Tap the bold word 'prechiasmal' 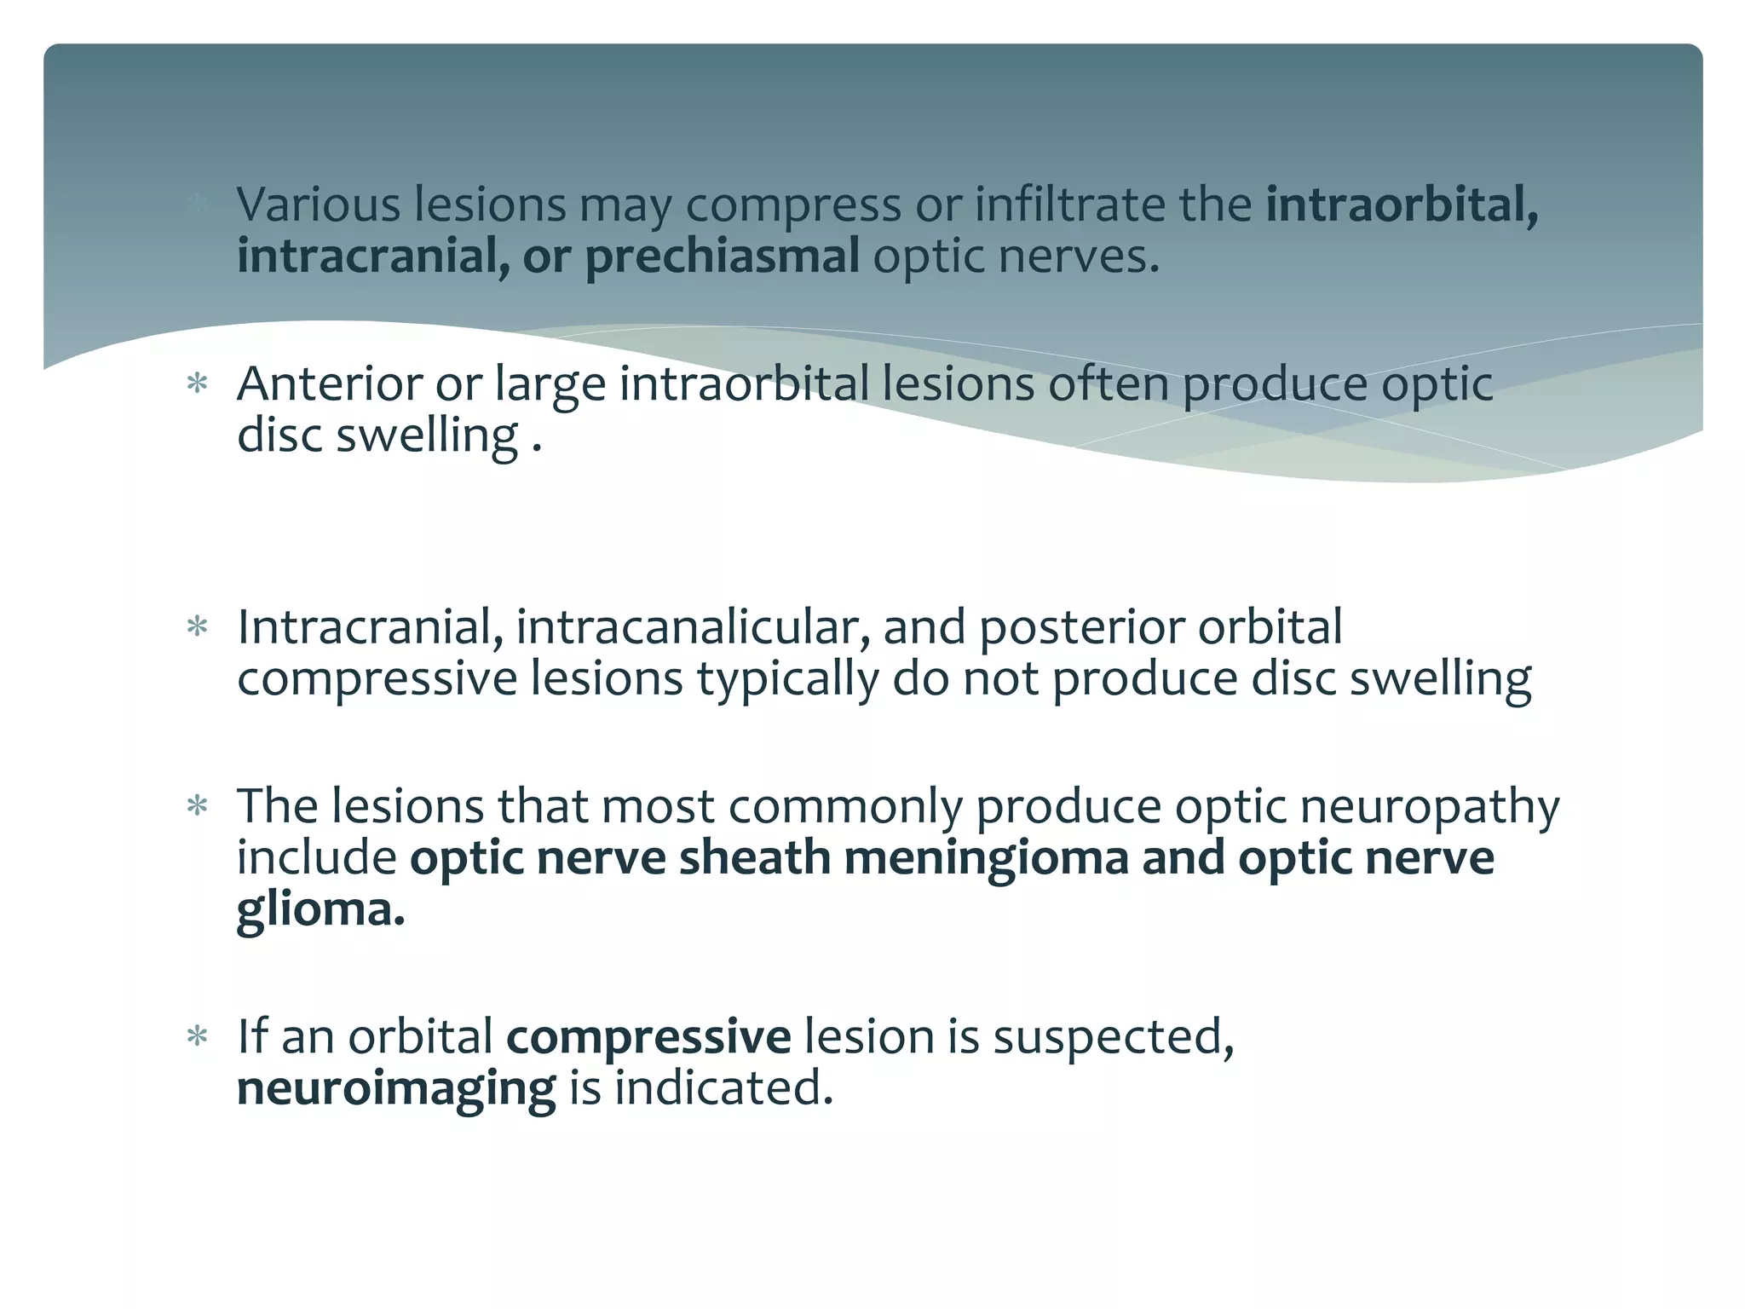(x=722, y=256)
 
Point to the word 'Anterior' (x=329, y=383)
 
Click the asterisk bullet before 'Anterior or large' (x=198, y=383)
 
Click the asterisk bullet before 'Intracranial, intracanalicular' (x=198, y=628)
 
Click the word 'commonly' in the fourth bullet (x=845, y=806)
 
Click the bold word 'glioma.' (x=320, y=910)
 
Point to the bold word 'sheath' (x=754, y=857)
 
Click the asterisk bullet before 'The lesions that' (x=198, y=806)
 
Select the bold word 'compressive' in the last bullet (x=648, y=1038)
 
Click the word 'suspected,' (x=1114, y=1038)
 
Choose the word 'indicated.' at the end (x=723, y=1089)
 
